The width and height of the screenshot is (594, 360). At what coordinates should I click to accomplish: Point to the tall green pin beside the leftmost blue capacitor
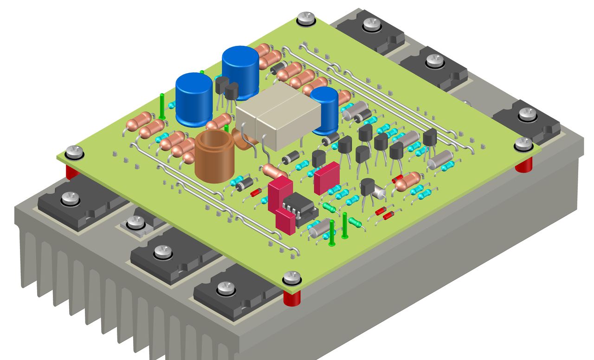(x=162, y=106)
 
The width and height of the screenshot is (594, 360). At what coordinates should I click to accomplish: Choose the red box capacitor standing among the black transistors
(x=327, y=177)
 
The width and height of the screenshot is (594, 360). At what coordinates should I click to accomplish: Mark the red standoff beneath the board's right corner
(x=524, y=164)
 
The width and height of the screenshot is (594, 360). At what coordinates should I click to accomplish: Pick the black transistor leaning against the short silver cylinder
(x=368, y=188)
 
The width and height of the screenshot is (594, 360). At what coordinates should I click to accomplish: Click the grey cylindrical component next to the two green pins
(x=319, y=230)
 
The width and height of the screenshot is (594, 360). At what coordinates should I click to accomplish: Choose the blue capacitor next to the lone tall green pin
(x=194, y=99)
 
